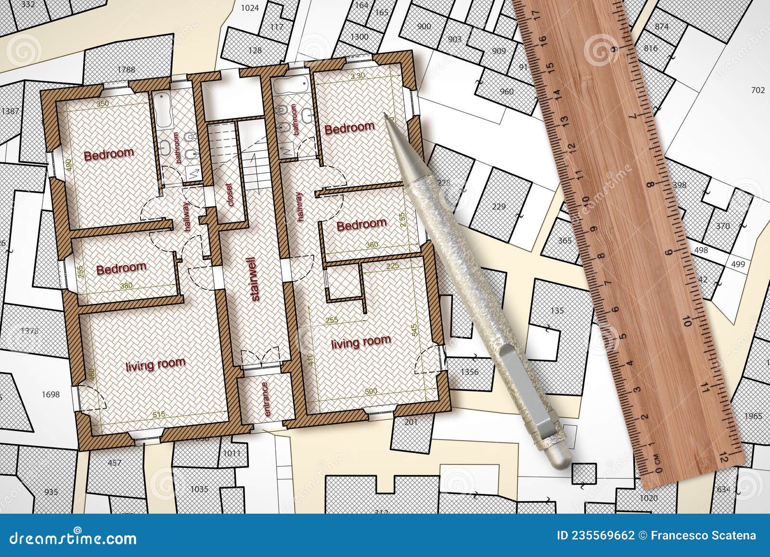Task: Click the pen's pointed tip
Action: [x=385, y=115]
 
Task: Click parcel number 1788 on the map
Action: [x=126, y=70]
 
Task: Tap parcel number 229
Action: [x=499, y=207]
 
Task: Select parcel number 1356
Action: [x=470, y=372]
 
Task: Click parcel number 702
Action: [x=757, y=90]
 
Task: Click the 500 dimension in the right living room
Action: [x=371, y=391]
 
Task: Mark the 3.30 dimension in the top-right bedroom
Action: [x=358, y=76]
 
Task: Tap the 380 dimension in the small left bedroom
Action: [x=126, y=285]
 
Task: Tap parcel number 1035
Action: [x=199, y=490]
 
